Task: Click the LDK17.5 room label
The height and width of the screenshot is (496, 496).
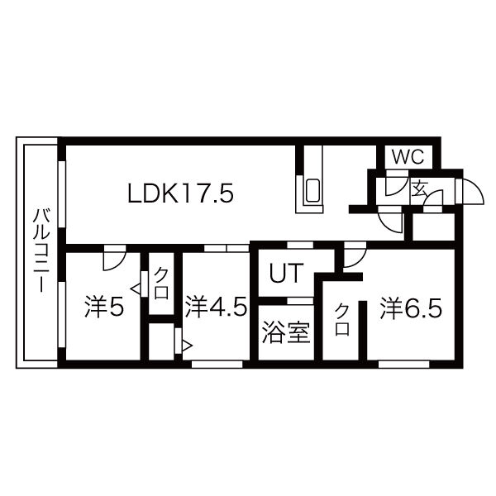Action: (180, 193)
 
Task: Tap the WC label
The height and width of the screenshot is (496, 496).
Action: (408, 156)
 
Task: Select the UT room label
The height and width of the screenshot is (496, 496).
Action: (287, 273)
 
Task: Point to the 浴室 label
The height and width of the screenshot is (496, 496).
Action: (286, 332)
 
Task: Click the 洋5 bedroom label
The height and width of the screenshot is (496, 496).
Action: (104, 307)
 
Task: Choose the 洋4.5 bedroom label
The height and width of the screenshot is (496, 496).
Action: (216, 306)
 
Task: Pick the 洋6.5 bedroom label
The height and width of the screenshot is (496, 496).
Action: (411, 307)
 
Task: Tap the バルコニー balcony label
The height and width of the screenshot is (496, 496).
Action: (41, 250)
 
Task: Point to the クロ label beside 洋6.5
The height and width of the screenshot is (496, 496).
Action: (342, 319)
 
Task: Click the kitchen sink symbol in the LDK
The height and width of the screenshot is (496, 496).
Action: (312, 191)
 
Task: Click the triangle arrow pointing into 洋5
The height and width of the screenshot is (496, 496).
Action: (136, 289)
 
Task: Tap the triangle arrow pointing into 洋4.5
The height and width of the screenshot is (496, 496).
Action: (187, 346)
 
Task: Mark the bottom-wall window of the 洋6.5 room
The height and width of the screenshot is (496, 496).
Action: (404, 365)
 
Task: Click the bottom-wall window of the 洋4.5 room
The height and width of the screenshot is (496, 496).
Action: (217, 365)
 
